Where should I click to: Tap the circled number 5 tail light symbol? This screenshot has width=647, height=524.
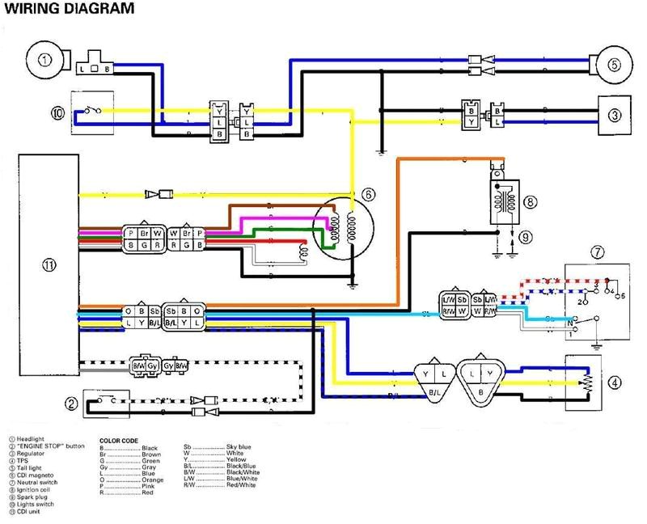(614, 65)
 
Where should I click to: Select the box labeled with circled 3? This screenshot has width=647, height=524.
(615, 114)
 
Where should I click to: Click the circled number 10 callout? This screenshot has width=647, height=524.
(57, 114)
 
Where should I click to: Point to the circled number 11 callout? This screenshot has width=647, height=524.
(49, 264)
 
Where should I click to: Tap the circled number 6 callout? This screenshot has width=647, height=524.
(369, 195)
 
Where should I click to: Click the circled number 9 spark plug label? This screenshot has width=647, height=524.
(526, 238)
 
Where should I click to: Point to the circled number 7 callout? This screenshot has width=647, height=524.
(596, 253)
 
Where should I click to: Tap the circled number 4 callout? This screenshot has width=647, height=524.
(615, 382)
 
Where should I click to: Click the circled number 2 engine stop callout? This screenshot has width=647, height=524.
(72, 403)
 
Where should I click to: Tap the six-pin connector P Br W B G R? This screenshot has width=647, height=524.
(144, 239)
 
